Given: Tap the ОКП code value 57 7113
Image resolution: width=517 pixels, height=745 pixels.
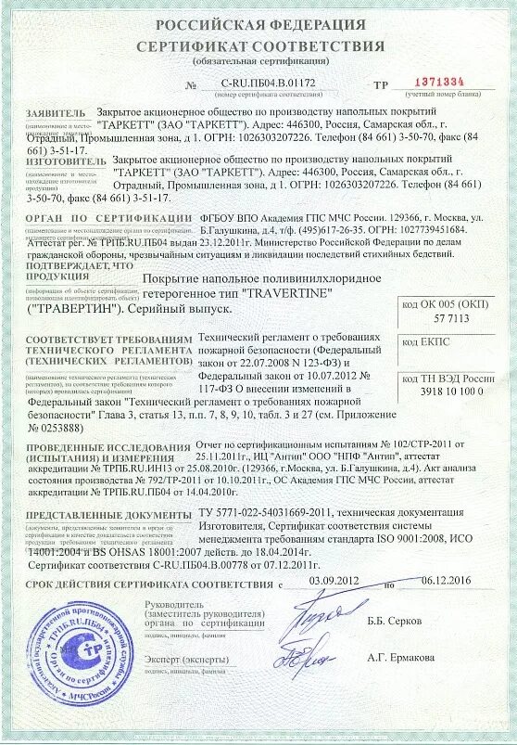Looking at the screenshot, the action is pyautogui.click(x=447, y=318).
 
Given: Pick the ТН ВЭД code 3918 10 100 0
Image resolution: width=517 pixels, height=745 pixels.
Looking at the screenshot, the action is pyautogui.click(x=445, y=393).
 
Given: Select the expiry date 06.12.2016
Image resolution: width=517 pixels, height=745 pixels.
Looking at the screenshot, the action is pyautogui.click(x=447, y=579).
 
